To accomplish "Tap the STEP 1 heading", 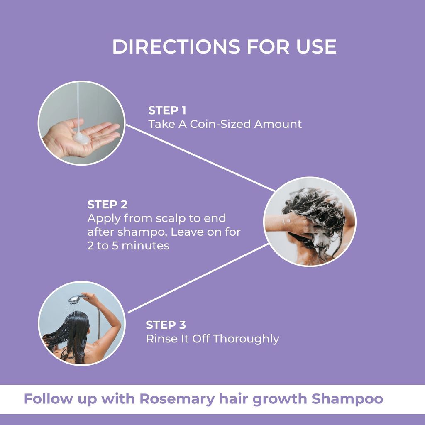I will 167,110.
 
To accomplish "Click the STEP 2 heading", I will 107,205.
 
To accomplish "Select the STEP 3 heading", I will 166,325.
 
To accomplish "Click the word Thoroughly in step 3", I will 246,339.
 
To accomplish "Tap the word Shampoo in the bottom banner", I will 347,399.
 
